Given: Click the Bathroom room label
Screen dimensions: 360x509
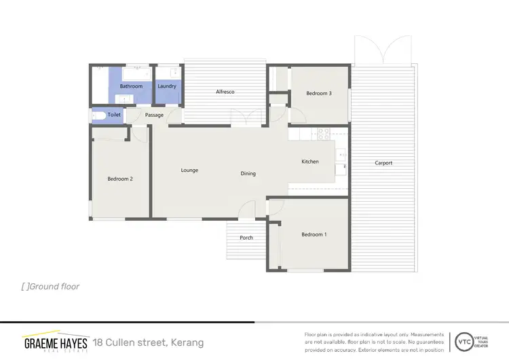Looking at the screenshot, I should pyautogui.click(x=131, y=86).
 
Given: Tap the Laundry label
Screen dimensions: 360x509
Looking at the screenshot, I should pyautogui.click(x=167, y=86).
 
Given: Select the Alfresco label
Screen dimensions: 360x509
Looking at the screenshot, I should pyautogui.click(x=225, y=92).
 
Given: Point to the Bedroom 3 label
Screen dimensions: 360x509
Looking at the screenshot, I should pyautogui.click(x=318, y=93).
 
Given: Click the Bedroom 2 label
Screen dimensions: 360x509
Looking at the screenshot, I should pyautogui.click(x=119, y=179).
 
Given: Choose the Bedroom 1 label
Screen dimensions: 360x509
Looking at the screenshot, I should pyautogui.click(x=314, y=234).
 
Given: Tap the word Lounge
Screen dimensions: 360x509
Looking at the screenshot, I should pyautogui.click(x=189, y=170).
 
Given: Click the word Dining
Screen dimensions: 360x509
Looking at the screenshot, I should pyautogui.click(x=248, y=173).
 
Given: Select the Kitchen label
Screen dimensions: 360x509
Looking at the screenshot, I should pyautogui.click(x=310, y=162).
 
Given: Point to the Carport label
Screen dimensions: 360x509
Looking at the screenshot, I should pyautogui.click(x=383, y=163).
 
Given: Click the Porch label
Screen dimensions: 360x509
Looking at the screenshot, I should pyautogui.click(x=246, y=238).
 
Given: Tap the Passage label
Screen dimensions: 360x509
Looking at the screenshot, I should pyautogui.click(x=154, y=115).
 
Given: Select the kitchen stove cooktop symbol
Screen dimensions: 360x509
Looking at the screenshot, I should pyautogui.click(x=324, y=134).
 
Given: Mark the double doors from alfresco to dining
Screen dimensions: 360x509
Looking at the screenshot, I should pyautogui.click(x=245, y=118).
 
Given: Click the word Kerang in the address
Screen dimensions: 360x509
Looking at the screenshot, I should pyautogui.click(x=187, y=342).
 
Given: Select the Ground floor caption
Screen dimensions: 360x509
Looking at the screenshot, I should pyautogui.click(x=51, y=287).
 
